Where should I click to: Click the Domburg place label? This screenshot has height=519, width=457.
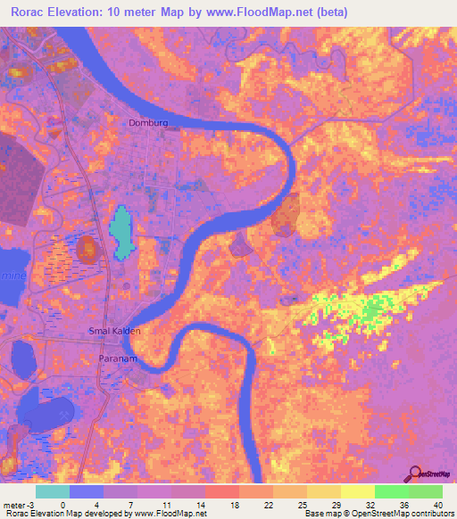coord(148,123)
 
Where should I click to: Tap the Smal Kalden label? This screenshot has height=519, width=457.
coord(114,330)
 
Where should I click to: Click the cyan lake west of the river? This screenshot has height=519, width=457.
coord(120,230)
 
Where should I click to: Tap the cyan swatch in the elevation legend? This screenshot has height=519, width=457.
coord(53,491)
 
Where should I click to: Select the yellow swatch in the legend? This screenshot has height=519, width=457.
coord(357,491)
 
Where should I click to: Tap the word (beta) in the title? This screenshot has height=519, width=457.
coord(328,12)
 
